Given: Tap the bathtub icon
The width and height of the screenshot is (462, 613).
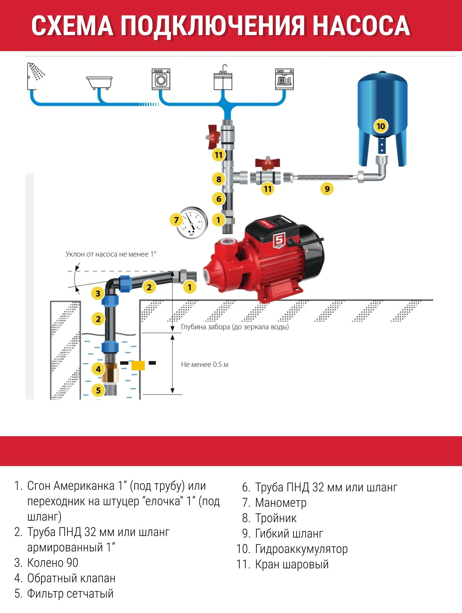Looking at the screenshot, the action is click(99, 83).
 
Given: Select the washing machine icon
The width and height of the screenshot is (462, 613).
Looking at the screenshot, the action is click(161, 79).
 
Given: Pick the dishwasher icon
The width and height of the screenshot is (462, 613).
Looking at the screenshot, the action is click(284, 79).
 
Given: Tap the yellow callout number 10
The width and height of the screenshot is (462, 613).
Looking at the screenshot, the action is click(381, 126).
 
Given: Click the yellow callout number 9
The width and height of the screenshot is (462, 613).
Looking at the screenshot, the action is click(327, 189).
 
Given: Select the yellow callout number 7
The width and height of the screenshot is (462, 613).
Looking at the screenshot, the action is click(176, 220).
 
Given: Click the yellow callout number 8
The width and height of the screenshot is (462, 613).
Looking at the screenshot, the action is click(219, 179).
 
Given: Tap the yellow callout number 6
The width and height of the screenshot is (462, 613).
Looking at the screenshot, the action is click(219, 199).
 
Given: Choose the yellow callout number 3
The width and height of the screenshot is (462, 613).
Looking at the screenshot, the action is click(98, 294).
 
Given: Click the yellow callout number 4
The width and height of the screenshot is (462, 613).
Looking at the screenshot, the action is click(98, 369).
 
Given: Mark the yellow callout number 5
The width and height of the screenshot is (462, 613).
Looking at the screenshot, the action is click(98, 391).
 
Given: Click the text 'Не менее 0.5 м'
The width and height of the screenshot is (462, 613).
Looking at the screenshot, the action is click(205, 364).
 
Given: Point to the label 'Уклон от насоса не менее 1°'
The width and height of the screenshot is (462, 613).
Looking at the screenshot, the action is click(111, 254).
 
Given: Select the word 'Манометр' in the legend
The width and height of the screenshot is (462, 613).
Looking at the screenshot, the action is click(281, 503).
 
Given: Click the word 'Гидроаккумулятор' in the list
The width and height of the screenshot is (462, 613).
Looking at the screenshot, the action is click(302, 549).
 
